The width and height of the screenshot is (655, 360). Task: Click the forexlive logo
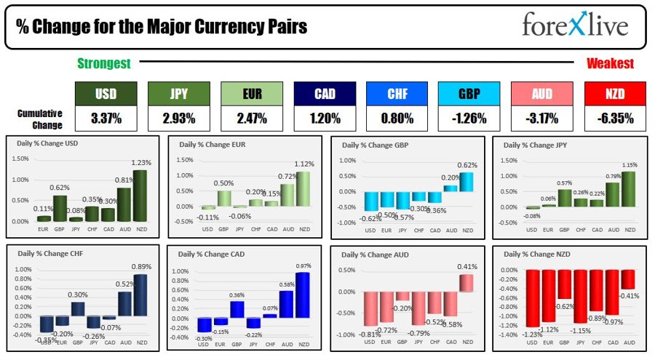[x=575, y=26]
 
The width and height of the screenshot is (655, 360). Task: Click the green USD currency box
[x=106, y=93]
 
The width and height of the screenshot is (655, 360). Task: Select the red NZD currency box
[x=614, y=93]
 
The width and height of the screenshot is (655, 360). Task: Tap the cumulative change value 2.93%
[x=178, y=118]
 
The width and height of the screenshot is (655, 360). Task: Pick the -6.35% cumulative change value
[x=614, y=118]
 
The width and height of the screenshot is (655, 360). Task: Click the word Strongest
[x=104, y=64]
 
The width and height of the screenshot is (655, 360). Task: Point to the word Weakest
[x=610, y=64]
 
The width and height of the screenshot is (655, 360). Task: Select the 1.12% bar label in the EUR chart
[x=305, y=164]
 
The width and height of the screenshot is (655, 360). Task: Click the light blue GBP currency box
[x=469, y=93]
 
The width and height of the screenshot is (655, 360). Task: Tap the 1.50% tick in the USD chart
[x=21, y=159]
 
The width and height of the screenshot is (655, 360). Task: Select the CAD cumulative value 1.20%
[x=324, y=118]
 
